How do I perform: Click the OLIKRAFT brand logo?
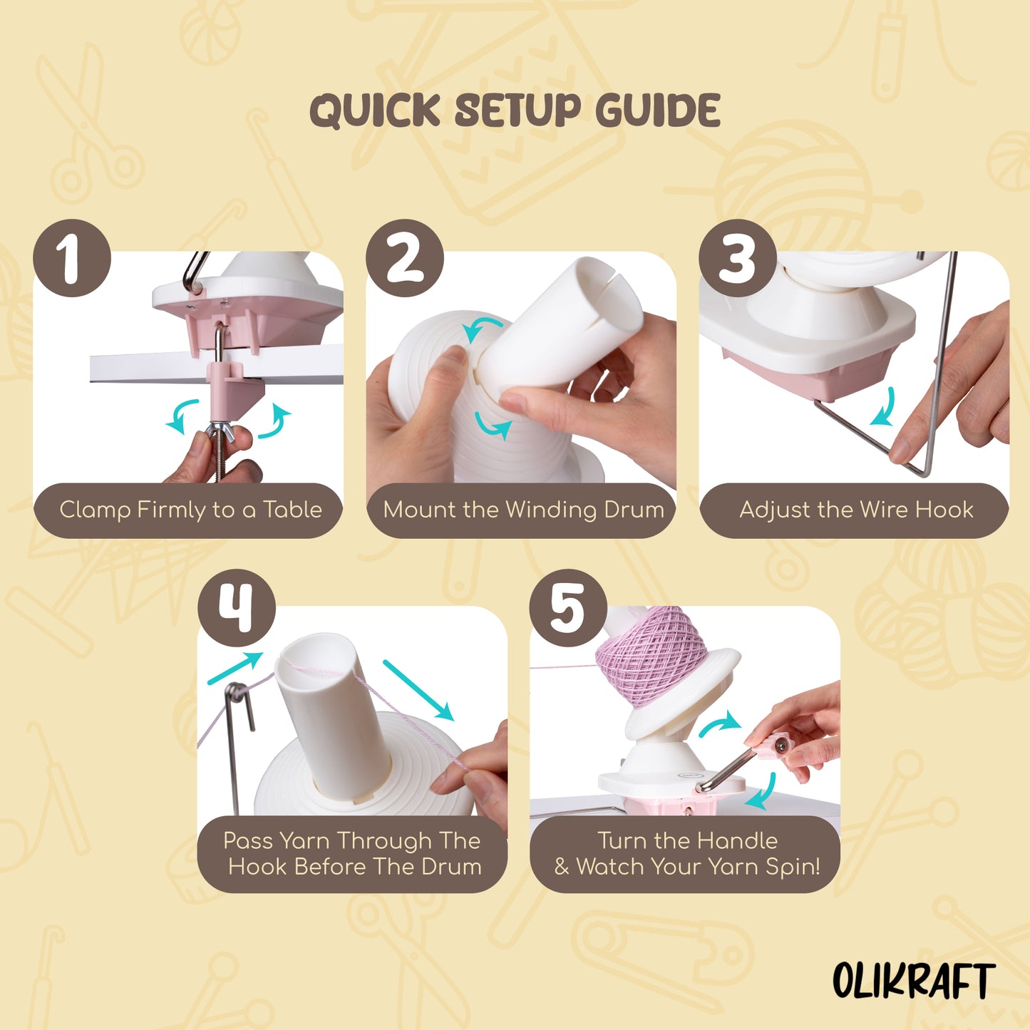pyautogui.click(x=913, y=981)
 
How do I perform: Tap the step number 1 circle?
pyautogui.click(x=72, y=258)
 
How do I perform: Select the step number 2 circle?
pyautogui.click(x=404, y=258)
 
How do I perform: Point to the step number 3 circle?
pyautogui.click(x=737, y=258)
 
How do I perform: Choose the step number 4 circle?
pyautogui.click(x=236, y=608)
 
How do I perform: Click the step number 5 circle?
pyautogui.click(x=568, y=608)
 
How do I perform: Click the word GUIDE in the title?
pyautogui.click(x=657, y=111)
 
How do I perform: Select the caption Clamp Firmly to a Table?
pyautogui.click(x=190, y=510)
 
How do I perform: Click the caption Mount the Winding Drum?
pyautogui.click(x=523, y=510)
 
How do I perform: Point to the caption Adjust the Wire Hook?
pyautogui.click(x=856, y=510)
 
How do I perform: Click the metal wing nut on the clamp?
pyautogui.click(x=222, y=431)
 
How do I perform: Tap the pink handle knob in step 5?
pyautogui.click(x=779, y=746)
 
